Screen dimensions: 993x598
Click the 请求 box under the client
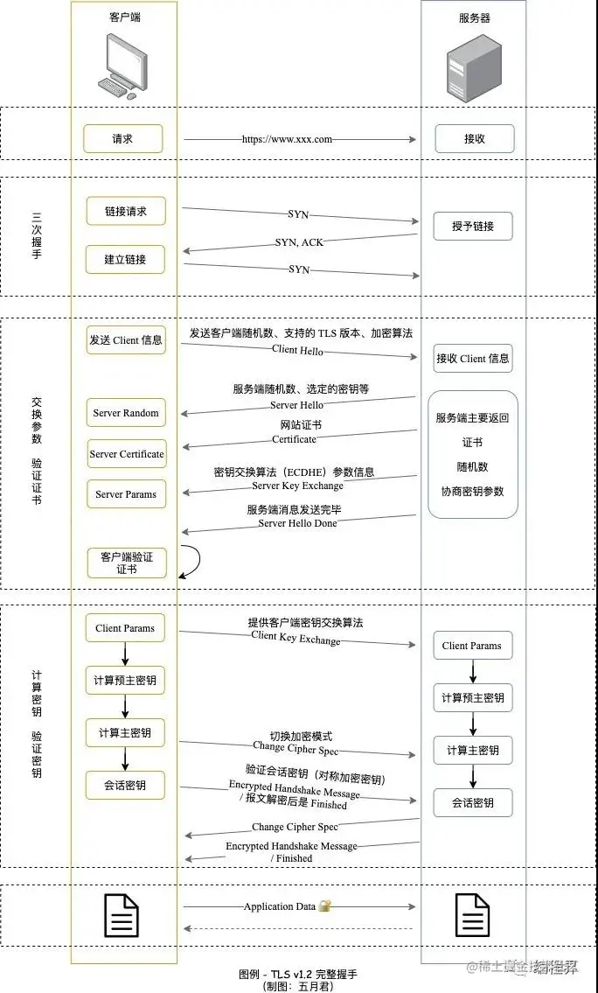click(122, 138)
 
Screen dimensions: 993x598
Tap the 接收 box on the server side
click(474, 138)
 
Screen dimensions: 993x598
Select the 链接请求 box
click(126, 211)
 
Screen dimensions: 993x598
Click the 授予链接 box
click(473, 226)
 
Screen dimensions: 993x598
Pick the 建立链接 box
click(126, 259)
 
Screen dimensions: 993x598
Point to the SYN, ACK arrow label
click(299, 242)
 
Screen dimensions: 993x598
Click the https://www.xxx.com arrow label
click(287, 138)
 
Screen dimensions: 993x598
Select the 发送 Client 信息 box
click(126, 339)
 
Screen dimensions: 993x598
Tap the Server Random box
click(126, 413)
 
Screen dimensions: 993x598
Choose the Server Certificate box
click(126, 454)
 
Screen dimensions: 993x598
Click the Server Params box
click(126, 494)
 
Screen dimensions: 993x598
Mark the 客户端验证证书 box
click(126, 563)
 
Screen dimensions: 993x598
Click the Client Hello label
click(297, 351)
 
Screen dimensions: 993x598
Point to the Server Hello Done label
click(297, 523)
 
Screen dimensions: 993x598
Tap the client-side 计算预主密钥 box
click(126, 680)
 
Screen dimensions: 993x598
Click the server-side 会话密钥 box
click(473, 802)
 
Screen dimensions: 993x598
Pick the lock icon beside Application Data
click(324, 906)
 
